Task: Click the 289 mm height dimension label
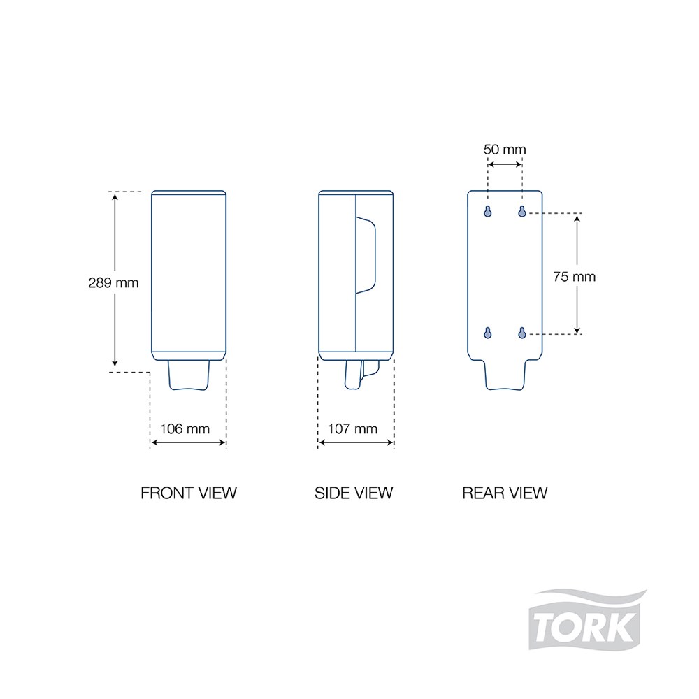click(x=113, y=282)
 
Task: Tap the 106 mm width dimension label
click(x=185, y=429)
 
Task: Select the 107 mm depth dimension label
click(x=352, y=429)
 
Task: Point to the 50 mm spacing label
click(x=505, y=150)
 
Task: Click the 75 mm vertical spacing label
click(x=574, y=277)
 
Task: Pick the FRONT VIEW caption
click(x=189, y=493)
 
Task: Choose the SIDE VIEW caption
click(x=354, y=493)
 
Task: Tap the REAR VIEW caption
click(x=505, y=493)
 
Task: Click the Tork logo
click(x=586, y=620)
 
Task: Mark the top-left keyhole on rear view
click(x=488, y=211)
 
